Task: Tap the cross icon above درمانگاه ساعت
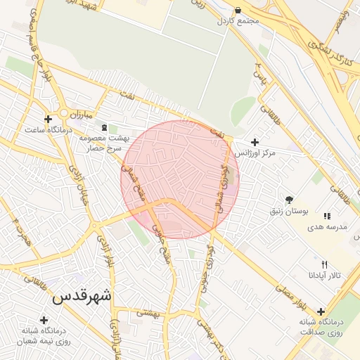(48, 119)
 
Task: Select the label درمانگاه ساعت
(45, 130)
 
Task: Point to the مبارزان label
(81, 113)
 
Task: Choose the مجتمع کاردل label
(238, 22)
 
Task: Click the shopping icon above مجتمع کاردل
(238, 11)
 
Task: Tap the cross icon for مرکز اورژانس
(255, 142)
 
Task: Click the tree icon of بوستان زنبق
(289, 200)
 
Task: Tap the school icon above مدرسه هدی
(326, 216)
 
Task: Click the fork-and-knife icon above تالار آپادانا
(324, 264)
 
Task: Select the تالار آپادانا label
(323, 276)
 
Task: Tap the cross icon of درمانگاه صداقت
(321, 311)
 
